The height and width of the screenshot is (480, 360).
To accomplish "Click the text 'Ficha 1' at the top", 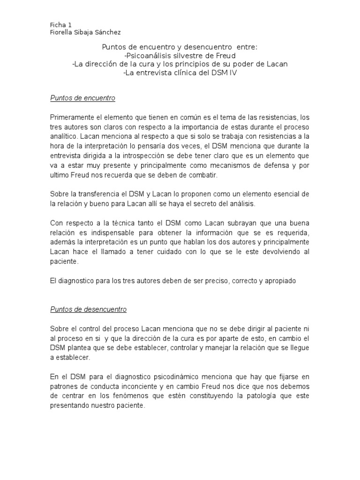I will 60,24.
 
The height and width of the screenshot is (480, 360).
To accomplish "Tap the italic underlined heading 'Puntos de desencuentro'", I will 88,309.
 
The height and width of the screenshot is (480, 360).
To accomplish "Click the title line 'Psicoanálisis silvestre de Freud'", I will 180,55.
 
